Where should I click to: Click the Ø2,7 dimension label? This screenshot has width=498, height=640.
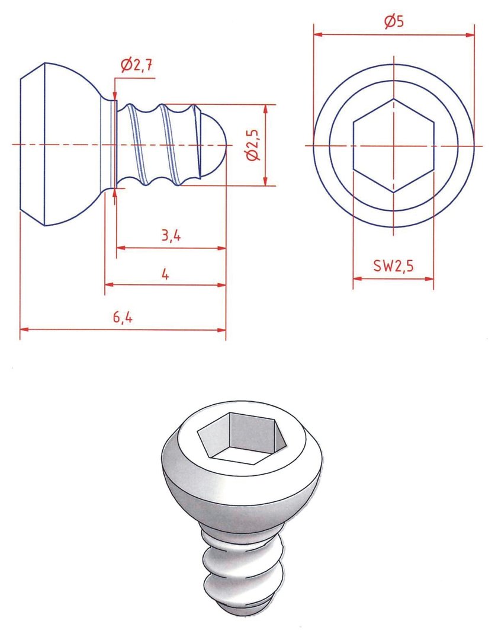[x=137, y=66]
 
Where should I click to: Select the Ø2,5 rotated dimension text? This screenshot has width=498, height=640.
[x=253, y=146]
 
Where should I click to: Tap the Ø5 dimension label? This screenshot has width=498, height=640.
[x=394, y=23]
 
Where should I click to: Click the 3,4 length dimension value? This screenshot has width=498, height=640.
[x=171, y=236]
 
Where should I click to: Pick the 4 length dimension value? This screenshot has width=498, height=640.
[x=165, y=273]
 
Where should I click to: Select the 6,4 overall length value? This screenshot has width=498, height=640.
[x=123, y=318]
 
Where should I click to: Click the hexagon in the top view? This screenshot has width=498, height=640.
[x=394, y=146]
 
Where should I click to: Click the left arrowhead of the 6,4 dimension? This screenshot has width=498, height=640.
[x=24, y=329]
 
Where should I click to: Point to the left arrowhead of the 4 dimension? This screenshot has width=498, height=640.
[x=109, y=285]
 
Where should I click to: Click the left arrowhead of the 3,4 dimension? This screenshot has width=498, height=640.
[x=120, y=248]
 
